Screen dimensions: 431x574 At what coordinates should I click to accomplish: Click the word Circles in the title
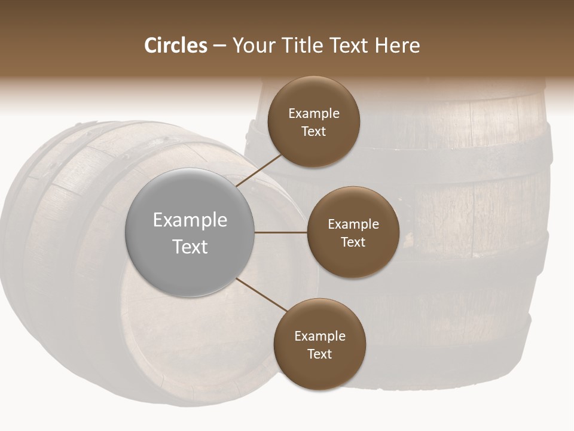tap(175, 45)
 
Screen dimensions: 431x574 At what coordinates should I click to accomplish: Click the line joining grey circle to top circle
tap(260, 170)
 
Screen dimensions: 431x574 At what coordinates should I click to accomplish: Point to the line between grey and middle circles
tap(281, 232)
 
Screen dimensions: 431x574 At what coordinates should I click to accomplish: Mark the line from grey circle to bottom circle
tap(261, 295)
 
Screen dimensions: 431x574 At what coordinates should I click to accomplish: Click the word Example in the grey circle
tap(190, 220)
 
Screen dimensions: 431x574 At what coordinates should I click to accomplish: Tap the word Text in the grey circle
tap(190, 247)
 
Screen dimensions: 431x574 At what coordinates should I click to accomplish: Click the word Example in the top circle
tap(314, 114)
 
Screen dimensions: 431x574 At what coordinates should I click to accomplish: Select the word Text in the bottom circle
tap(319, 354)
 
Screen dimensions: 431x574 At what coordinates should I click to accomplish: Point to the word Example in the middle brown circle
tap(353, 224)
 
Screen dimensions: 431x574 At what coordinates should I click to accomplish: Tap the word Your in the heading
tap(252, 45)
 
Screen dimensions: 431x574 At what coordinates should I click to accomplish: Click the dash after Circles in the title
tap(219, 46)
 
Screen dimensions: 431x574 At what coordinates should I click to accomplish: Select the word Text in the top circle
tap(314, 132)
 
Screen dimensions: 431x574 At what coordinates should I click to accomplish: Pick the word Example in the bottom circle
tap(319, 336)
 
